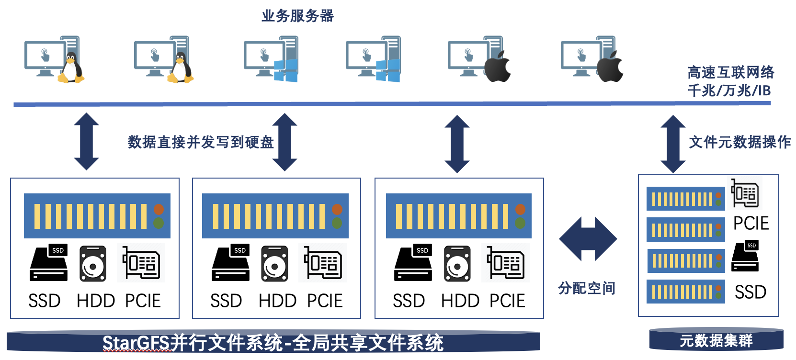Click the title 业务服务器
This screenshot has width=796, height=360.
tap(297, 16)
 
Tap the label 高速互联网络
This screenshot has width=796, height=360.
tap(730, 73)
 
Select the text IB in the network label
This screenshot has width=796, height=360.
tap(763, 90)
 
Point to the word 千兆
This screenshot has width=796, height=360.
tap(701, 90)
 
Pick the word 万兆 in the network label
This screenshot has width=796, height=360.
tap(738, 90)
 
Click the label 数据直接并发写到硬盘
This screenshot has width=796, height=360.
tap(200, 142)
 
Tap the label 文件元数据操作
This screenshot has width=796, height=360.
tap(739, 142)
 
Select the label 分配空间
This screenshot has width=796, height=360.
tap(586, 288)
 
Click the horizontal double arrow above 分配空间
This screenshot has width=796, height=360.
tap(588, 239)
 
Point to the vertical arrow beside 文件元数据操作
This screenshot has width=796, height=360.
tap(672, 144)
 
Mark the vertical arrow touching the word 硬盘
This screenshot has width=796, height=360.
tap(284, 142)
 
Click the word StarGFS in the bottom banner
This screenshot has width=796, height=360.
tap(136, 343)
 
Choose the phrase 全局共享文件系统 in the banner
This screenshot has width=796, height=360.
tap(368, 343)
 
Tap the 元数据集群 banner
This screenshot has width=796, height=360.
tap(716, 340)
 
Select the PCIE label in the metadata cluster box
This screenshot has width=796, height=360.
tap(751, 224)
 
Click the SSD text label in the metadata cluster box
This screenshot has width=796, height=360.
tap(751, 292)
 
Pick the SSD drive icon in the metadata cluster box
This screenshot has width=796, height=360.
tap(745, 257)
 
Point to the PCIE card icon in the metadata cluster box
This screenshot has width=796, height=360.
tap(745, 193)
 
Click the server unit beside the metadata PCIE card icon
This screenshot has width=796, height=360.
tap(685, 199)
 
